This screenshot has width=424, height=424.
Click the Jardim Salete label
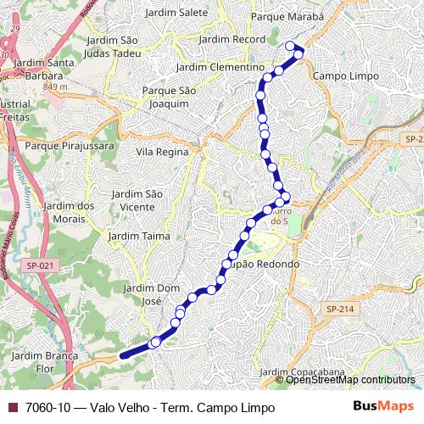(176, 14)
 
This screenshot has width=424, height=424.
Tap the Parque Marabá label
(287, 16)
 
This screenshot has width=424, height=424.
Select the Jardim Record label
(232, 40)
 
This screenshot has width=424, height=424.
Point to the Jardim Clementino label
(220, 67)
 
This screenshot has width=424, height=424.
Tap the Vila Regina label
(161, 152)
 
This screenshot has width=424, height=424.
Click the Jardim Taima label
(140, 236)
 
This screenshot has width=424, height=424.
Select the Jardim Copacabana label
(303, 372)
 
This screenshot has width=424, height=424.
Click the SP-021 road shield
(39, 265)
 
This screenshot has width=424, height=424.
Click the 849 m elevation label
(54, 86)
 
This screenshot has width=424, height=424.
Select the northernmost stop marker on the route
(291, 46)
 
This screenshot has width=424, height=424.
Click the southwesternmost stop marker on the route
(155, 343)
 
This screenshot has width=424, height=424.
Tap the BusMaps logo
(383, 406)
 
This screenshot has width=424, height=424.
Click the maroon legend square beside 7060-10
(13, 407)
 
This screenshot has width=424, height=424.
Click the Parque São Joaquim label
(169, 97)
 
